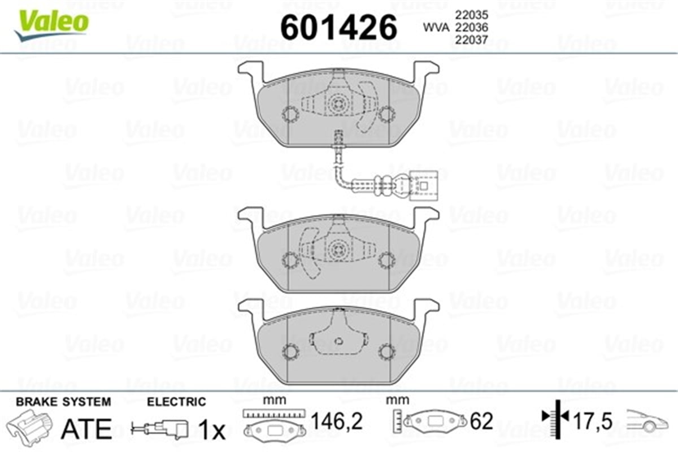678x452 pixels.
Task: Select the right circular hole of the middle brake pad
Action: click(387, 260)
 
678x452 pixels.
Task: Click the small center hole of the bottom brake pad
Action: click(338, 341)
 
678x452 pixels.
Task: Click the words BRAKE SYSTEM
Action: click(63, 402)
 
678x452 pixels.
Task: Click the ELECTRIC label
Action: click(176, 402)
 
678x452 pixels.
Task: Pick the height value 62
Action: click(481, 421)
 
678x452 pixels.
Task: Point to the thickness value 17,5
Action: click(593, 421)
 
